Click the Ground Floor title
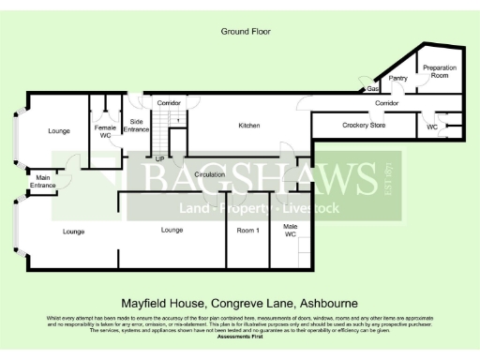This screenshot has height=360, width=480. (x=246, y=31)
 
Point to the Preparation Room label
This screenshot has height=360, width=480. (x=439, y=72)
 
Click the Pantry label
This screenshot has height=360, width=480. (x=397, y=79)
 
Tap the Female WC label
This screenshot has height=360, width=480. (x=105, y=131)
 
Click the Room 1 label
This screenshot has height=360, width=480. (x=247, y=230)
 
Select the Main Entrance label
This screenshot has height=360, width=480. (x=43, y=181)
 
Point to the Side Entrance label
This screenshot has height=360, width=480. (x=136, y=125)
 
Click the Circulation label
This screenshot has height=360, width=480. (x=209, y=175)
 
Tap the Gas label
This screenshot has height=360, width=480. (x=372, y=90)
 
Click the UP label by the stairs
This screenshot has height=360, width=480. (x=159, y=158)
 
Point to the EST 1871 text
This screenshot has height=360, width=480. (x=388, y=179)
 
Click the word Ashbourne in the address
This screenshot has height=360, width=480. (x=328, y=304)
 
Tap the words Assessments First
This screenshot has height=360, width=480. (x=239, y=334)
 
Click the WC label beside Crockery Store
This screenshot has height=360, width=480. (x=431, y=126)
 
